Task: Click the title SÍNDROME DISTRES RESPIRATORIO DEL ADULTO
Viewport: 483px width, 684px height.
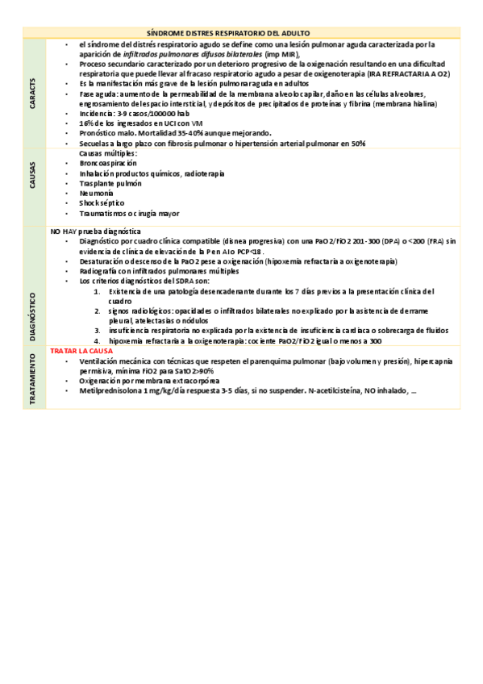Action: (239, 31)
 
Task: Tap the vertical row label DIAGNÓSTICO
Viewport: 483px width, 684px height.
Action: (32, 294)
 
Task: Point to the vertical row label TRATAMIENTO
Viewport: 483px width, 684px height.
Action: (32, 379)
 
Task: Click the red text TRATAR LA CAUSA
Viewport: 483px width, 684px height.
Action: (81, 352)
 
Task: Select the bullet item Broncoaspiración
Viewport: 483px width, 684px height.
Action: (108, 163)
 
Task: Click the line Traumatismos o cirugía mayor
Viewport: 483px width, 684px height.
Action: (129, 214)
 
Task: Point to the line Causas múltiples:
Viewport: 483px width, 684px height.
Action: (108, 153)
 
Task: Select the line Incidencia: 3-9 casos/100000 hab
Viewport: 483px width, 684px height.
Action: (134, 114)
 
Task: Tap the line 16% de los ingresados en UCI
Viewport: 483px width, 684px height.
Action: (129, 123)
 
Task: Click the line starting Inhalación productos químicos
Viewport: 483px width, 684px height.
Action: (152, 173)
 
